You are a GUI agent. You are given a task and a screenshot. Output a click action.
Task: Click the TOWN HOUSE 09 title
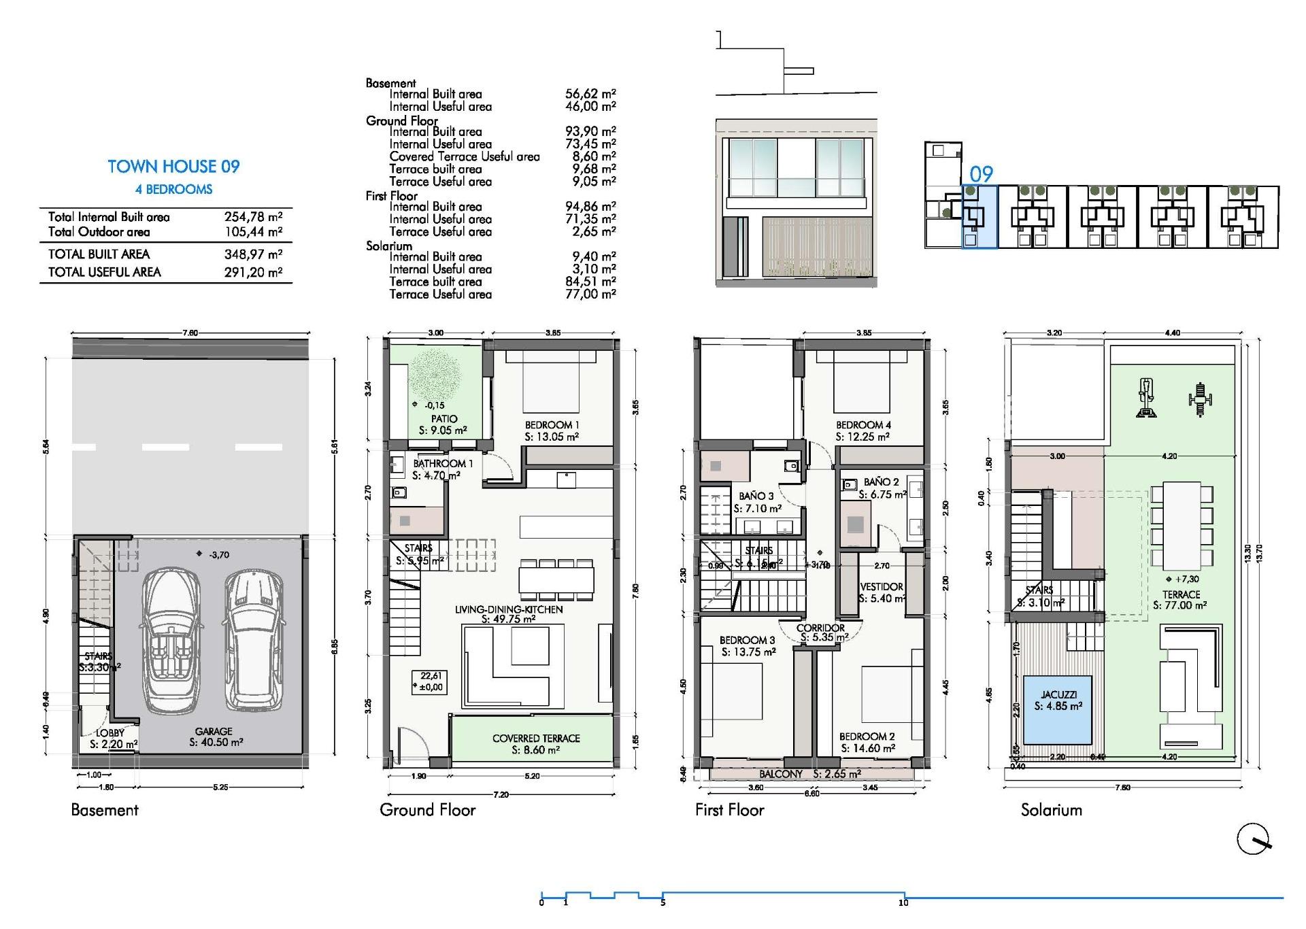[x=173, y=167]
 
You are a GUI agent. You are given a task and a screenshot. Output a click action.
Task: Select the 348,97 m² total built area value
[x=253, y=254]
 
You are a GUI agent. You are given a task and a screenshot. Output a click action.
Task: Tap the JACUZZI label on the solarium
[x=1058, y=694]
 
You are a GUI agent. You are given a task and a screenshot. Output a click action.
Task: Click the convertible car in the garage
[x=170, y=643]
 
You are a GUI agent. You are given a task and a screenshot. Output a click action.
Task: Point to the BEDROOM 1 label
[x=552, y=425]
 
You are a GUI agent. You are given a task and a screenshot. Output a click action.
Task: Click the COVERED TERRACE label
[x=536, y=738]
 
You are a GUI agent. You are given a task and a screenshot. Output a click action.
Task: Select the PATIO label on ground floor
[x=443, y=419]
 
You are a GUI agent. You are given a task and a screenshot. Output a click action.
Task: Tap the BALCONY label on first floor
[x=781, y=774]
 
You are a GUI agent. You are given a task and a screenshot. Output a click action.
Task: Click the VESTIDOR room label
[x=882, y=586]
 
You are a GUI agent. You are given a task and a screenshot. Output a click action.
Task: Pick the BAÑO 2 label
[x=882, y=482]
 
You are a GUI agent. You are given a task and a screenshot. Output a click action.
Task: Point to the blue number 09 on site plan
[x=981, y=174]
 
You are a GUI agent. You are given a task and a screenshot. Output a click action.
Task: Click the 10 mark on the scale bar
[x=903, y=902]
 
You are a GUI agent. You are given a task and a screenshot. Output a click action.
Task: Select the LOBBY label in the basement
[x=110, y=732]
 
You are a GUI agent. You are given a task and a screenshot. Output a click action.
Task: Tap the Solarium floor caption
[x=1051, y=810]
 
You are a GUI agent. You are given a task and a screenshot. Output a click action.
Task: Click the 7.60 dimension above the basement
[x=190, y=333]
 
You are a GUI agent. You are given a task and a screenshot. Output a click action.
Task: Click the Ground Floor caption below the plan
[x=427, y=810]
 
